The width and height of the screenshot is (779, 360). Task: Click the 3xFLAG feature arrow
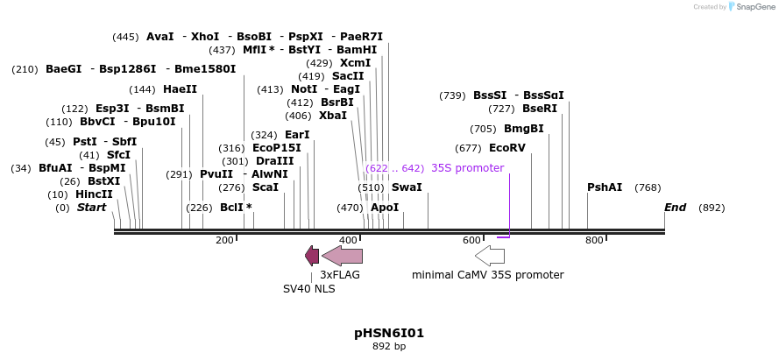tap(342, 256)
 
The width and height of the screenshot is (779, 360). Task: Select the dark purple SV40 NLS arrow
tap(312, 256)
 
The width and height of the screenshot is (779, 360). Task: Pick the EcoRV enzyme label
tap(507, 148)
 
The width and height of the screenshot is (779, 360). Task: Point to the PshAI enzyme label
tap(605, 187)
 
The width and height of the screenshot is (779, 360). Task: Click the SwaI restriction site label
tap(407, 187)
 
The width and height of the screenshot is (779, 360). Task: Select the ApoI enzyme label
tap(385, 208)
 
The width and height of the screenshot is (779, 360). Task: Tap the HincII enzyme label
tap(94, 194)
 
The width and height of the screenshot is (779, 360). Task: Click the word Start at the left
tap(91, 208)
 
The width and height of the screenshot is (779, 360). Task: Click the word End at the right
tap(675, 208)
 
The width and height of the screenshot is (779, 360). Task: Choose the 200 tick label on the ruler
tap(224, 240)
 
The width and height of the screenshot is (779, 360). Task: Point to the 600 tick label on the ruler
tap(471, 240)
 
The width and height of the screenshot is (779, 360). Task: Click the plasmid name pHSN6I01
tap(389, 333)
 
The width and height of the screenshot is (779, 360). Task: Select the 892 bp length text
tap(389, 347)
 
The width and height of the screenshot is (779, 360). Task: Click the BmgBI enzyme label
tap(524, 129)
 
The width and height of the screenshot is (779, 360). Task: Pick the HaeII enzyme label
tap(180, 89)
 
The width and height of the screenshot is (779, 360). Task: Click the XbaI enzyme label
tap(333, 116)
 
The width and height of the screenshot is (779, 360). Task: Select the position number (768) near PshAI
tap(648, 187)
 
